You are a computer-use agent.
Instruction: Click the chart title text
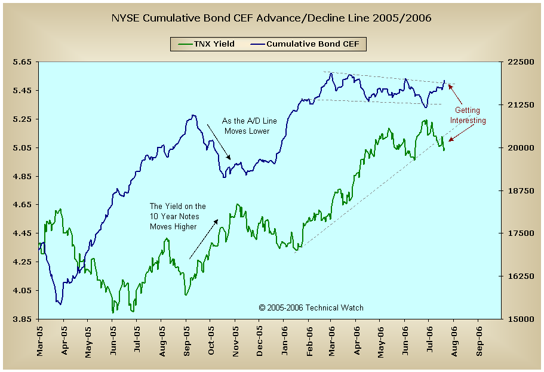click(272, 18)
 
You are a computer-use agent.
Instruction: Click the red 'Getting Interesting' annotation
click(468, 115)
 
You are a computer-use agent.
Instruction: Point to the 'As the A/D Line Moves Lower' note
click(245, 125)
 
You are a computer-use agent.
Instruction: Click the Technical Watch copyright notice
click(311, 308)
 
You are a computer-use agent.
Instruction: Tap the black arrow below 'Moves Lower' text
click(219, 142)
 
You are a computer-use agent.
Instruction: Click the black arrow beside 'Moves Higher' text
click(204, 239)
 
